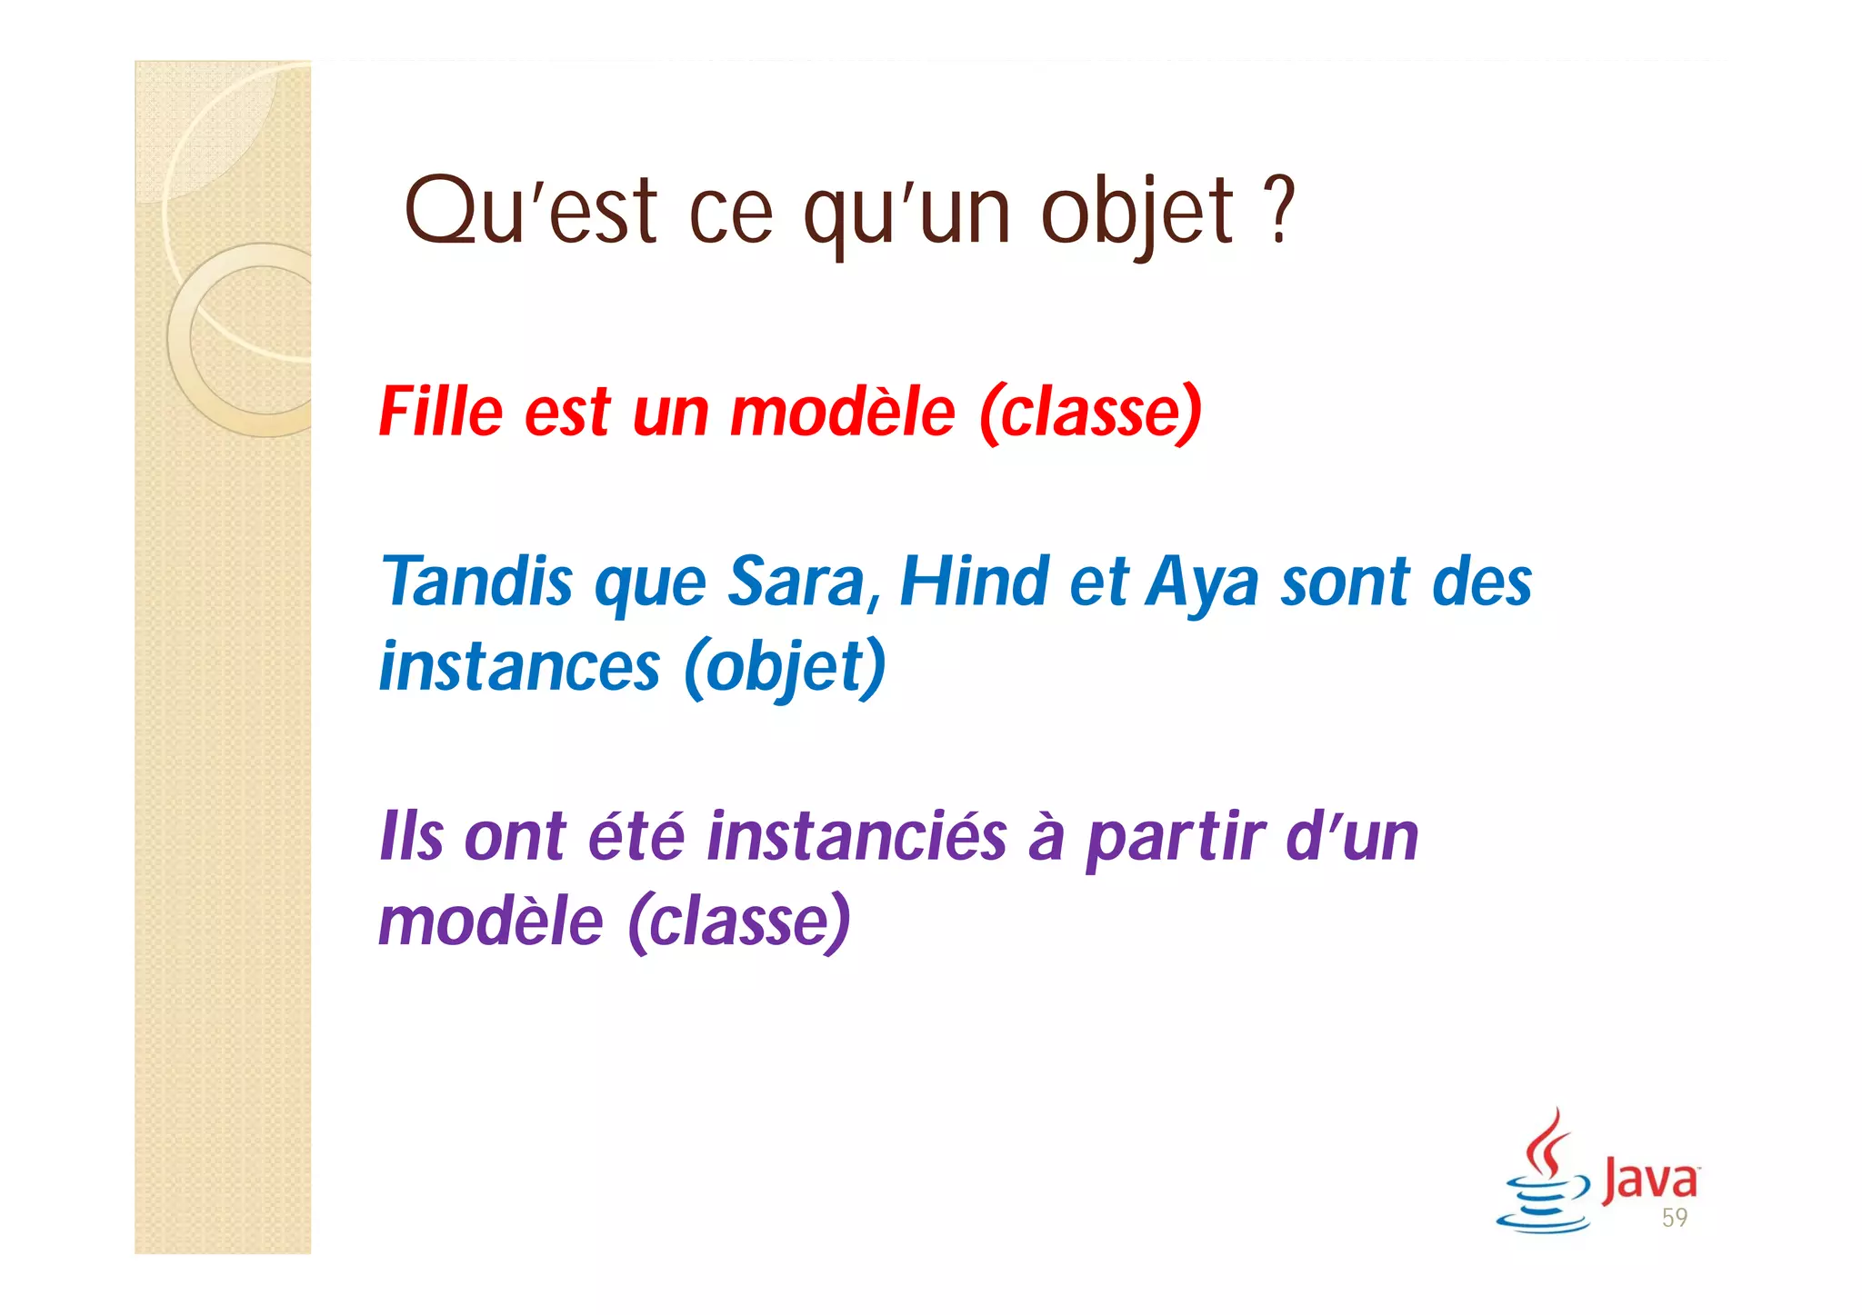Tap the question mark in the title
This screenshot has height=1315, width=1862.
tap(1280, 212)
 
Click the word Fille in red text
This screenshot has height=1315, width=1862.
tap(440, 413)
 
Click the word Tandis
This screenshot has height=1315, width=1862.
tap(476, 582)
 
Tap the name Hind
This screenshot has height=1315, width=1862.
tap(974, 582)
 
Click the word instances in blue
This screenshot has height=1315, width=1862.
tap(519, 667)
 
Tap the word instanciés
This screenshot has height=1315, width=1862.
tap(856, 836)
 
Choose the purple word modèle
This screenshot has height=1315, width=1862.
tap(491, 921)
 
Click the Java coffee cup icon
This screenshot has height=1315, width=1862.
tap(1543, 1177)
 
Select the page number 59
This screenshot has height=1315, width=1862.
tap(1674, 1219)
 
